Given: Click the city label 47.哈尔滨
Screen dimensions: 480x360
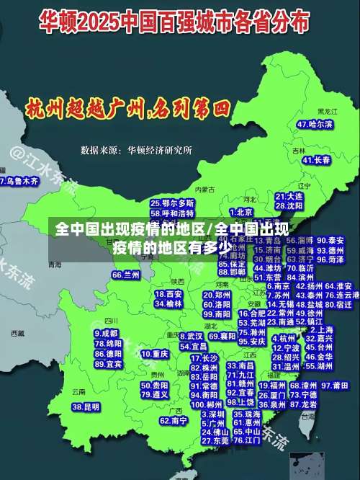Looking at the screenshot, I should click(x=315, y=125).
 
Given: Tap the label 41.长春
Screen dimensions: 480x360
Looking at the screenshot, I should click(x=316, y=159).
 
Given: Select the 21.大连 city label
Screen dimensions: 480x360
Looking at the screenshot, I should click(x=289, y=196).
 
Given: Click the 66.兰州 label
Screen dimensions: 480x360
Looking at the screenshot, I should click(x=126, y=275).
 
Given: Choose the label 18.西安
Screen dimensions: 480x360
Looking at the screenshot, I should click(x=168, y=294).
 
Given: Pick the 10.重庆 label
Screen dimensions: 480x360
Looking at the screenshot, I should click(x=155, y=355).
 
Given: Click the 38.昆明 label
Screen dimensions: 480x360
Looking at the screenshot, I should click(x=86, y=407).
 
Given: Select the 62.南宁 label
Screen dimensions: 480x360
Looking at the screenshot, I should click(x=174, y=420).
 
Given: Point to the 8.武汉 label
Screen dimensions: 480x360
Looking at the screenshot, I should click(x=191, y=336).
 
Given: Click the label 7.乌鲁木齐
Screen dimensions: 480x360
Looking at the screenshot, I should click(x=19, y=182).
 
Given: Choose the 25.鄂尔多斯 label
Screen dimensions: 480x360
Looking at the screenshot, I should click(x=172, y=203).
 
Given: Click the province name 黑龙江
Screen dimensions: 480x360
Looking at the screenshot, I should click(x=327, y=112).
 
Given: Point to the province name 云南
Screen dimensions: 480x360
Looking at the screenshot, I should click(x=78, y=392).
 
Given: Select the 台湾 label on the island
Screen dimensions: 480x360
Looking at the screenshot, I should click(x=307, y=416).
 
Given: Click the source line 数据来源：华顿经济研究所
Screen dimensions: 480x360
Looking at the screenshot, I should click(x=136, y=151).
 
